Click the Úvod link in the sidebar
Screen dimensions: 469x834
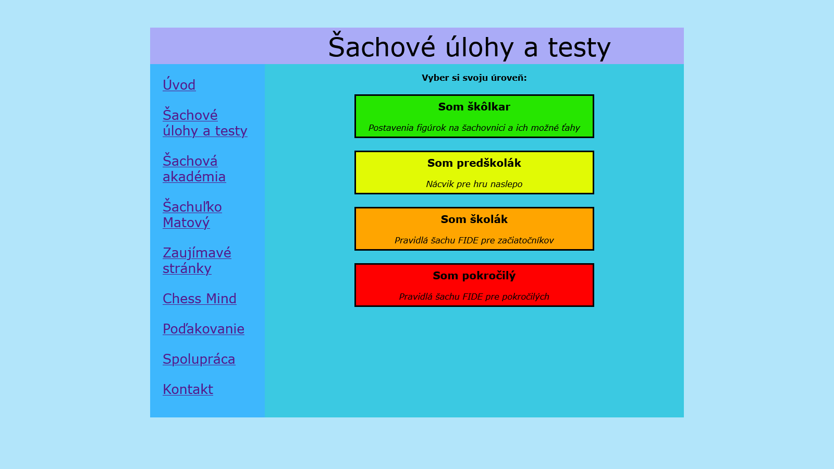(179, 85)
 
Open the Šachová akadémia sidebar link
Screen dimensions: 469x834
(193, 169)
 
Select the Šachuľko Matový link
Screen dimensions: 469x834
(192, 215)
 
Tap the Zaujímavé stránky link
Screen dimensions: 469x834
(197, 261)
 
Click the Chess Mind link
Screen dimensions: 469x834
(199, 299)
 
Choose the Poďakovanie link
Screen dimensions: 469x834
(203, 329)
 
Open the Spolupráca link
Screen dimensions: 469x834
(199, 359)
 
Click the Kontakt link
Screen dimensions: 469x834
(188, 389)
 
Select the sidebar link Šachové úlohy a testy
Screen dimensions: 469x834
(204, 123)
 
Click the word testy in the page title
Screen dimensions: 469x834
(579, 47)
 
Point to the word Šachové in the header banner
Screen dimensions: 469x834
(382, 47)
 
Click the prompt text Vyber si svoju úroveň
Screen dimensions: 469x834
(474, 78)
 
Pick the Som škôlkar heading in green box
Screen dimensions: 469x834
(474, 107)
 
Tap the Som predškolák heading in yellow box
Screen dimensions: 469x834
(474, 163)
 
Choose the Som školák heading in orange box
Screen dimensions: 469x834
(474, 219)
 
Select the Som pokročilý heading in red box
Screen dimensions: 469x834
(474, 276)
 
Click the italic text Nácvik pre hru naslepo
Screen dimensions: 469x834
(474, 184)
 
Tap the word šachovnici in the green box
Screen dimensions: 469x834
(484, 128)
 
